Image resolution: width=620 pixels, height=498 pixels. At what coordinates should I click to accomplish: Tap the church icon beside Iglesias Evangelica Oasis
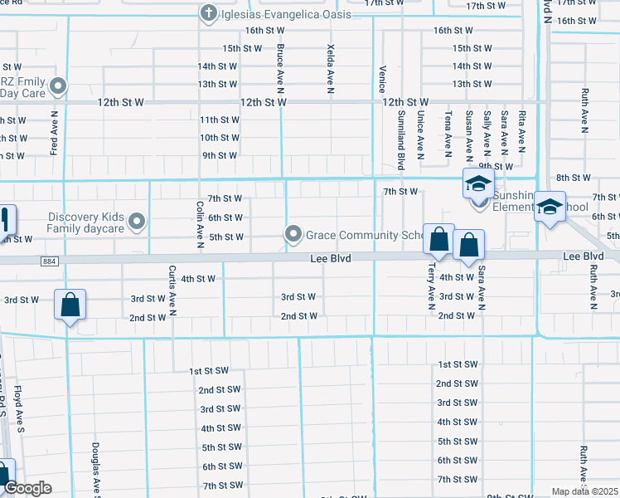tap(209, 13)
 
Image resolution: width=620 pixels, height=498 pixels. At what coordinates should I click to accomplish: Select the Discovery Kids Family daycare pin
tap(138, 222)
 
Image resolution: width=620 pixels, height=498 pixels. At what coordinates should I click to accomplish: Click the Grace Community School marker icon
tap(293, 235)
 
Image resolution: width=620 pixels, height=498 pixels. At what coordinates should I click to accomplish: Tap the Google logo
tap(27, 488)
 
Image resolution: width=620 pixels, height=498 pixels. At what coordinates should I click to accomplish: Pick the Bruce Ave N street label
tap(281, 69)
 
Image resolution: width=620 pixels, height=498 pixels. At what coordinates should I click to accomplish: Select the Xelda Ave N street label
tap(331, 68)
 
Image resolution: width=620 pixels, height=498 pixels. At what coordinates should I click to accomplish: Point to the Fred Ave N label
tap(54, 134)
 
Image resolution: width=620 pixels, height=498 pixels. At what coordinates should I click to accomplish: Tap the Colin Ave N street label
tap(200, 225)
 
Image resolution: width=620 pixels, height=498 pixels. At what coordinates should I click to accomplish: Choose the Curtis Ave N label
tap(172, 291)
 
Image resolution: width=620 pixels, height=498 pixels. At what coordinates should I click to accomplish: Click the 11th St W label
tap(220, 120)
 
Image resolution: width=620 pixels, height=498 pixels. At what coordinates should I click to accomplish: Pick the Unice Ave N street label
tap(421, 134)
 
